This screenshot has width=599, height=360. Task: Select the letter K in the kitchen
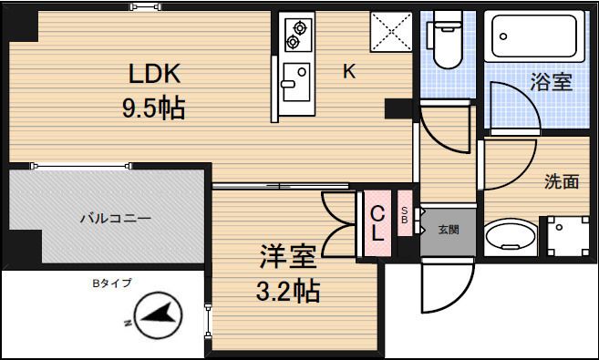[x=349, y=73]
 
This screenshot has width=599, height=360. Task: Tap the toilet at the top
[x=447, y=42]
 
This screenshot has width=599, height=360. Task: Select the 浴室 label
[x=551, y=82]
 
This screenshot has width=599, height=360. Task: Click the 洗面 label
[x=562, y=181]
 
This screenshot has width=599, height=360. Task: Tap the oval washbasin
[x=511, y=239]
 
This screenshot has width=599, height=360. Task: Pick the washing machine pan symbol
[x=567, y=236]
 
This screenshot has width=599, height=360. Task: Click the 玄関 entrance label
[x=448, y=229]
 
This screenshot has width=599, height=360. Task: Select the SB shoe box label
[x=406, y=215]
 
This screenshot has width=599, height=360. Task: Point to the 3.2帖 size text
[x=287, y=292]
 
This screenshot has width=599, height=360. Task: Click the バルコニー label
[x=115, y=219]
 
